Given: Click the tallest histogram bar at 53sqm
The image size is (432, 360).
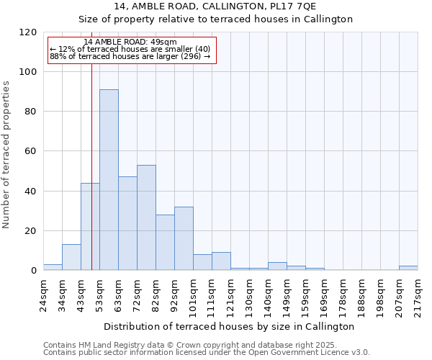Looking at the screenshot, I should coord(109,180).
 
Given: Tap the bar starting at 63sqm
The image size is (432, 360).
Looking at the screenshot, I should coord(127,223).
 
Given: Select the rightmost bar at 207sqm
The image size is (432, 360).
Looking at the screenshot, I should coord(408,268).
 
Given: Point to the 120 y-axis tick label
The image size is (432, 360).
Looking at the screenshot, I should coord(28,32).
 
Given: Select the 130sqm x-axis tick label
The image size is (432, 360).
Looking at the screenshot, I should coord(249,294).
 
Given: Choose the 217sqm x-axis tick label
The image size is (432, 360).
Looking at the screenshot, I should coord(418,294).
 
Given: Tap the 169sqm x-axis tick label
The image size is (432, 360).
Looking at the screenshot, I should coord(324,294).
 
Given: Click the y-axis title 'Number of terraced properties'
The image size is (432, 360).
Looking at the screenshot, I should coord(7,154).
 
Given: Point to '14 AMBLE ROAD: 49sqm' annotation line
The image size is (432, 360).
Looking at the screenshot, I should coord(130,42).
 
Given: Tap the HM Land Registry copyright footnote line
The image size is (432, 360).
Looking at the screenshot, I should coord(205,345).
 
